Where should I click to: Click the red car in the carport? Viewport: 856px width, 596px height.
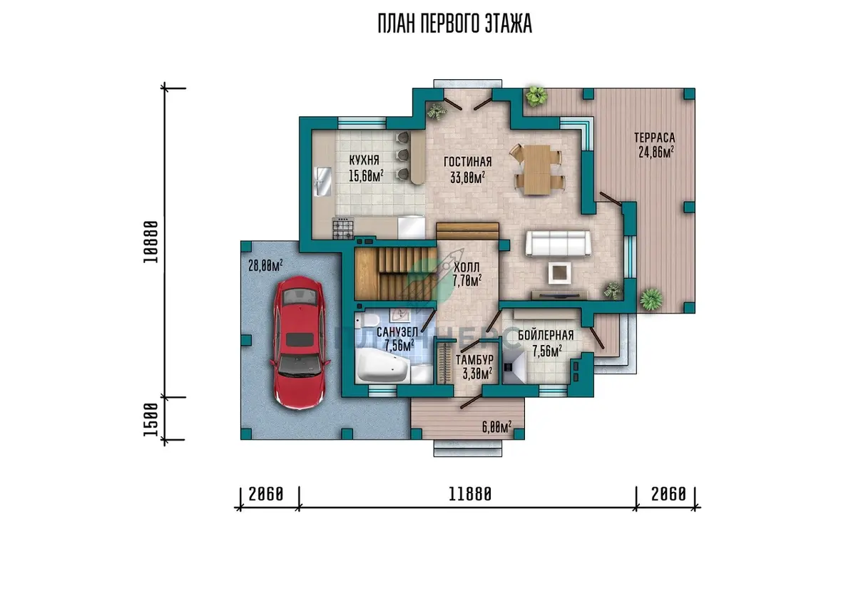coord(300,342)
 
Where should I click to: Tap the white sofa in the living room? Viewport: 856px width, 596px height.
coord(558,243)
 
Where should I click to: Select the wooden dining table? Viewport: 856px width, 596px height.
coord(537,170)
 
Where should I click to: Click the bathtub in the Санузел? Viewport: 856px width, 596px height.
coord(382,366)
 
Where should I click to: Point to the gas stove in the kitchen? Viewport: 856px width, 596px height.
coord(343,228)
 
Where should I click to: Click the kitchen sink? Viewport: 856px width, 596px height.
coord(323,181)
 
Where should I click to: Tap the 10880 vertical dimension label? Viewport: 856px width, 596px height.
coord(151,242)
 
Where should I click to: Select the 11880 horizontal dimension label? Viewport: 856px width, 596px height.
coord(469,495)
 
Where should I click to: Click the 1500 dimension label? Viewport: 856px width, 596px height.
coord(151,419)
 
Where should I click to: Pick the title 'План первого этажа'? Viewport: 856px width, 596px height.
coord(455,24)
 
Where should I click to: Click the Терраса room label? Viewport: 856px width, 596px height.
coord(655,138)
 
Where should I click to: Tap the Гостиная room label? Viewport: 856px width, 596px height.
coord(468,162)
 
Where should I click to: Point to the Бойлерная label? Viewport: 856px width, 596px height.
coord(546,335)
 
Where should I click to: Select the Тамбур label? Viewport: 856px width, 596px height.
coord(474,359)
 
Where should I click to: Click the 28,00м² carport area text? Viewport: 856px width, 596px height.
coord(265,265)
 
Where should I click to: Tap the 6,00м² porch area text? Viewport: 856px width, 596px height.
coord(496,427)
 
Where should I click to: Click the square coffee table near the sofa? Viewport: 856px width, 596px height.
coord(560,272)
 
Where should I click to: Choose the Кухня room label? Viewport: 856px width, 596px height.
coord(365,160)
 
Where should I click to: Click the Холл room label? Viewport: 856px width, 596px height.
coord(467,267)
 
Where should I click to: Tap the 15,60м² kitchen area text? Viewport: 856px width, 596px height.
coord(366,175)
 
